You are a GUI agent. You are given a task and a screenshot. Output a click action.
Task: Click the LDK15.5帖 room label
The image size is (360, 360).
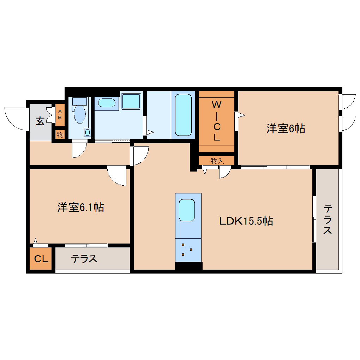coord(246,221)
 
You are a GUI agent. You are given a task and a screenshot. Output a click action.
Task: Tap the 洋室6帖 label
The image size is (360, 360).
coord(286,129)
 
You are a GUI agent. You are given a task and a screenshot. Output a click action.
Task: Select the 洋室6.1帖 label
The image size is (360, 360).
coord(80,207)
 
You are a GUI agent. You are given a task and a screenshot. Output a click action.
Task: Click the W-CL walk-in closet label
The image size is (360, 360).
coord(216,121)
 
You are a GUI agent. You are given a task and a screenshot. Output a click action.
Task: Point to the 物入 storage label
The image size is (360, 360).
coord(217,161)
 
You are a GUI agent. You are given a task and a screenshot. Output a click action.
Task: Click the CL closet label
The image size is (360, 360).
coord(41,259)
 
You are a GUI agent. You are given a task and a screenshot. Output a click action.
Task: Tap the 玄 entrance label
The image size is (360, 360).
coord(40,121)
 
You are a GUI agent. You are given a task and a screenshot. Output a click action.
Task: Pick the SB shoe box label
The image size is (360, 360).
coord(60,115)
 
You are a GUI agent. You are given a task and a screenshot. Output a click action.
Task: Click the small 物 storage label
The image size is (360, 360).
coord(60,134)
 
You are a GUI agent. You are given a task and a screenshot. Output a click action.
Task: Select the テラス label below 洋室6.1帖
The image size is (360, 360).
coord(84,259)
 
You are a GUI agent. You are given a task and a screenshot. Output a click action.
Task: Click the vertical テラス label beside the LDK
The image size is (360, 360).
coord(328,219)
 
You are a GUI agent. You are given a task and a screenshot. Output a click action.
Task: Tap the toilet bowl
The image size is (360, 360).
coord(80,114)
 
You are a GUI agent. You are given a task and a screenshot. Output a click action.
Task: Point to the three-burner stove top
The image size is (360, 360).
coord(187,250)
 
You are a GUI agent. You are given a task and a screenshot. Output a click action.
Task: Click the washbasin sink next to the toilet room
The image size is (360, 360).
coord(106,103)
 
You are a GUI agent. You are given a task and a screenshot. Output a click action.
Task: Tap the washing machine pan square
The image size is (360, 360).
coord(131,101)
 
